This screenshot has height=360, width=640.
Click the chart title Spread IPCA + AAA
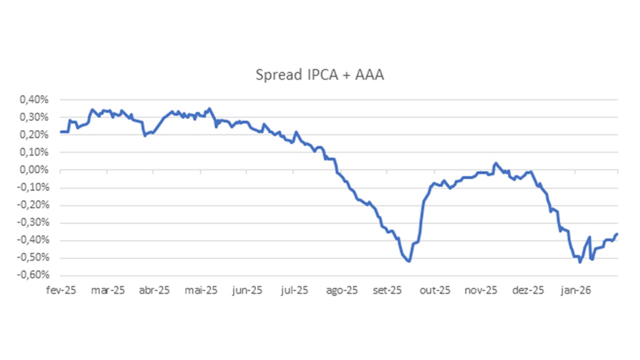tap(319, 75)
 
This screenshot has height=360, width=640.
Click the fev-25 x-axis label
tap(60, 290)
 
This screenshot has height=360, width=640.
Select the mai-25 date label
tap(201, 290)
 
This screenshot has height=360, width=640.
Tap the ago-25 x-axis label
tap(342, 290)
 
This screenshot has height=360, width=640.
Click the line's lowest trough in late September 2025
tap(409, 261)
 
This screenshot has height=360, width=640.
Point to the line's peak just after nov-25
tap(495, 163)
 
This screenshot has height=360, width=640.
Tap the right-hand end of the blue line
tap(617, 233)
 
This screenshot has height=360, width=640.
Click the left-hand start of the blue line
tap(60, 132)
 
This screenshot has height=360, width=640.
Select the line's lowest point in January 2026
tap(579, 262)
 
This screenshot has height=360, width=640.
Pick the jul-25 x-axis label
tap(295, 290)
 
